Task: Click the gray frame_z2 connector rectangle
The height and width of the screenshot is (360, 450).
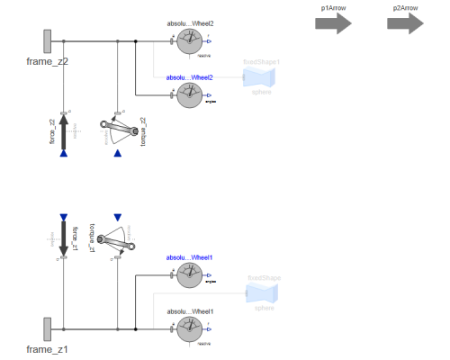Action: click(46, 41)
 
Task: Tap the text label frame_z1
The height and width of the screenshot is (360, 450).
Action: click(47, 349)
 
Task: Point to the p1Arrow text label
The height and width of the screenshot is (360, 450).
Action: click(332, 7)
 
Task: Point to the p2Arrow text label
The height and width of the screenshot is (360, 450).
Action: click(405, 7)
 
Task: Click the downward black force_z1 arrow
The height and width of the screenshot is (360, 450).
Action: click(63, 238)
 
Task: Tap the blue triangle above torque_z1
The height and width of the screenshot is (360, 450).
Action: click(118, 217)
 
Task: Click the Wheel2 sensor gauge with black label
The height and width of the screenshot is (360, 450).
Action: click(190, 41)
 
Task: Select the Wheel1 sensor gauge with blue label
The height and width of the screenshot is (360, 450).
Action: click(190, 275)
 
